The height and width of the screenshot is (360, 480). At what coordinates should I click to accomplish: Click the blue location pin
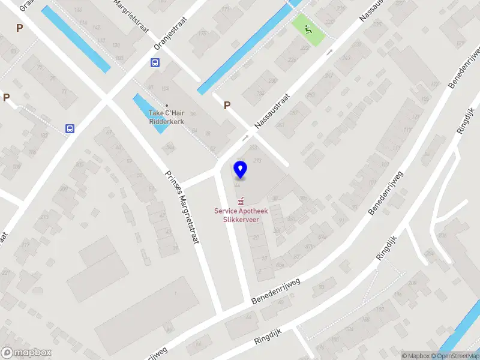click(240, 170)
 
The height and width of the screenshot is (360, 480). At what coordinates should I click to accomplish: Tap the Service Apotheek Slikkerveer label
click(241, 215)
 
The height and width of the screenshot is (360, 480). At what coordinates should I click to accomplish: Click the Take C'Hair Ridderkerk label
click(166, 117)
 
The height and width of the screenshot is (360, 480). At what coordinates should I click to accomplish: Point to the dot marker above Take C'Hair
click(167, 106)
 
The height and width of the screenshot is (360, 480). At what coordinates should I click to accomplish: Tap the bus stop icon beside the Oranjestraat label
click(155, 62)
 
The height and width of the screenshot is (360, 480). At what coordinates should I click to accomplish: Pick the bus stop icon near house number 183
click(70, 128)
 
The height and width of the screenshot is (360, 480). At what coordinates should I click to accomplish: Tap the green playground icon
click(308, 29)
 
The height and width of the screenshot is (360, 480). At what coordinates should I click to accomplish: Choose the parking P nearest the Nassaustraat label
click(227, 106)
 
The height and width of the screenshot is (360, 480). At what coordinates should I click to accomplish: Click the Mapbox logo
click(26, 353)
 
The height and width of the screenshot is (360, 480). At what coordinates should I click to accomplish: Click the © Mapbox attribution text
click(416, 356)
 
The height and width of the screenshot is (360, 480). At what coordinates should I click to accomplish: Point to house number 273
click(257, 160)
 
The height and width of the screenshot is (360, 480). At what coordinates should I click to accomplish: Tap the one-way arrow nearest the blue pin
click(245, 138)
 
